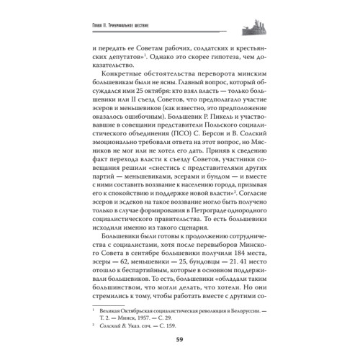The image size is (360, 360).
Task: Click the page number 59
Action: [179, 339]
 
